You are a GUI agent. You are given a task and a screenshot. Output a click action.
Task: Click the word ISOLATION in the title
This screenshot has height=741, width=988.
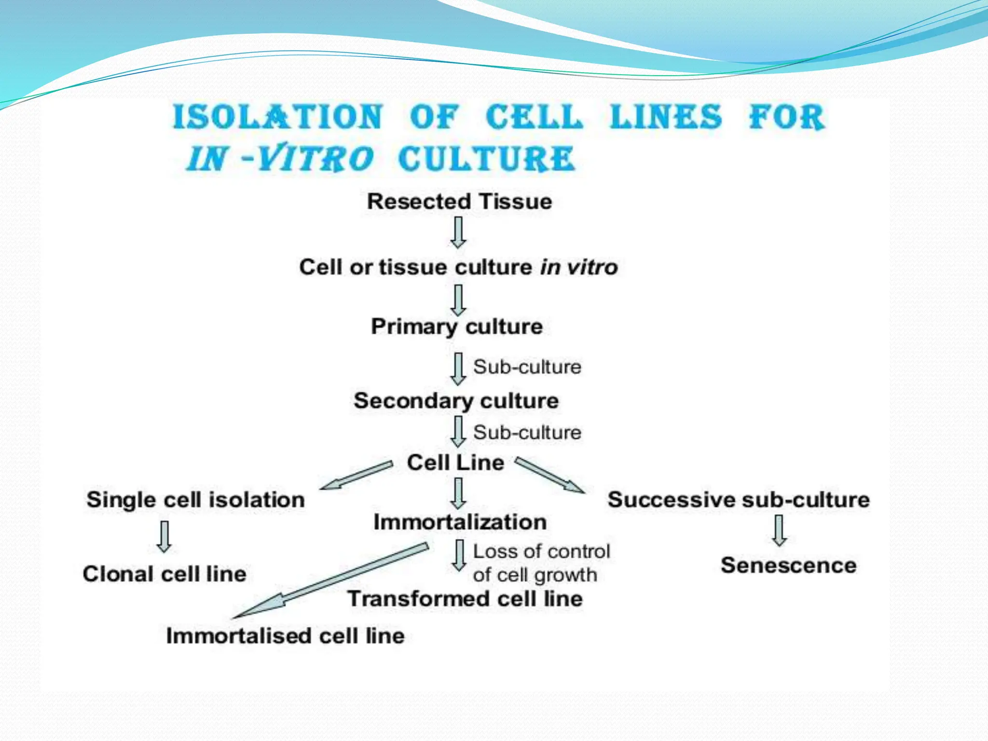(278, 117)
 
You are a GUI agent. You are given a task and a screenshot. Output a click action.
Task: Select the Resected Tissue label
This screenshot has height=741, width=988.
(459, 202)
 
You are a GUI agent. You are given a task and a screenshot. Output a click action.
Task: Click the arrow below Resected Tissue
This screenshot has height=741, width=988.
(458, 232)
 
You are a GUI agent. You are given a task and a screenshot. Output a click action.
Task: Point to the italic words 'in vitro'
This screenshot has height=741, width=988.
(578, 267)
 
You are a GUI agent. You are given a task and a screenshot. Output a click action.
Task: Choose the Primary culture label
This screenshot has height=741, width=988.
(456, 327)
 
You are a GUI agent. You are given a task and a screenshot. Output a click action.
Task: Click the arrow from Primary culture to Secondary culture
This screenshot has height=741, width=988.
(458, 369)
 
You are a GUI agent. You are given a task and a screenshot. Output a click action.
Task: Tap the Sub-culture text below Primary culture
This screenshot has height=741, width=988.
(527, 367)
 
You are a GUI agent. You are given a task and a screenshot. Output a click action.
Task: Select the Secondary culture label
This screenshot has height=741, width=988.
(456, 401)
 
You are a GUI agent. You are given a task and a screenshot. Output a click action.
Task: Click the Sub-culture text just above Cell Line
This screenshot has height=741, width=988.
(527, 433)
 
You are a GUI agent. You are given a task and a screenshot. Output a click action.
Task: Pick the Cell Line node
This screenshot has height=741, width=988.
(455, 463)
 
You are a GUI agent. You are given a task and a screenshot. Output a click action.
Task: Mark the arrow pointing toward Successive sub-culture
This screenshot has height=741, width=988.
(550, 475)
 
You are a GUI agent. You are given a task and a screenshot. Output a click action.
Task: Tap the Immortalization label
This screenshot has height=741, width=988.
(460, 522)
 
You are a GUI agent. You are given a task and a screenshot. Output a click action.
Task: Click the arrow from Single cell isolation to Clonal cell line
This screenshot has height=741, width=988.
(164, 536)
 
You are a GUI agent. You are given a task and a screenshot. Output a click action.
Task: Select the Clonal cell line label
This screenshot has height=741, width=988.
(165, 574)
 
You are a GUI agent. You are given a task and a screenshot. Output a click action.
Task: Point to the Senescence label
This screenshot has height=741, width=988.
(788, 565)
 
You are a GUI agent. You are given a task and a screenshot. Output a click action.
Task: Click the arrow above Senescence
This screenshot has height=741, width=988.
(779, 530)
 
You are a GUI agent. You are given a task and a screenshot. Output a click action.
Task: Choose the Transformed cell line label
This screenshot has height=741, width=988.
(465, 599)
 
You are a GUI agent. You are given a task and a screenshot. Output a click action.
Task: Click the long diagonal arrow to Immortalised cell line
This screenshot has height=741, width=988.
(333, 581)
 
